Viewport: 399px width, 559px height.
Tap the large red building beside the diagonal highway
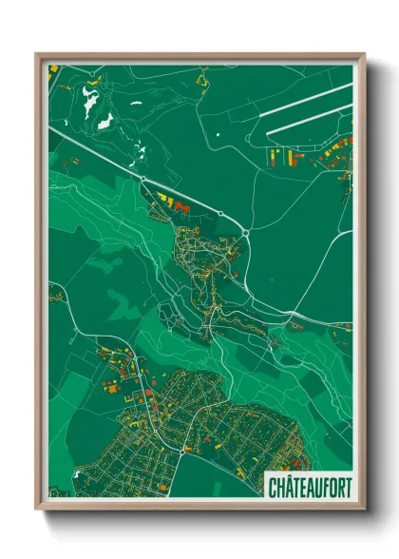point(184,206)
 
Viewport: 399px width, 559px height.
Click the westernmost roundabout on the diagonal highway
point(142,178)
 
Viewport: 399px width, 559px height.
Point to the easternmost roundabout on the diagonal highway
point(246,231)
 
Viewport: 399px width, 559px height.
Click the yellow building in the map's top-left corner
point(53,70)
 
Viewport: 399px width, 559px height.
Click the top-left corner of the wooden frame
point(37,54)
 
